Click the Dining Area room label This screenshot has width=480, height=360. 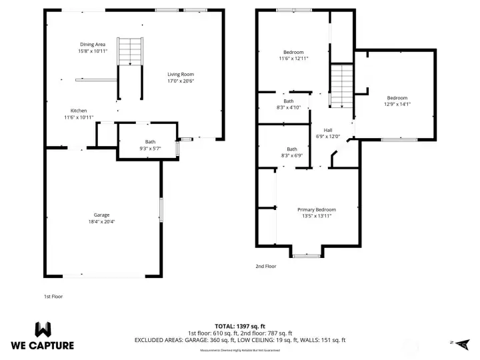pyautogui.click(x=93, y=44)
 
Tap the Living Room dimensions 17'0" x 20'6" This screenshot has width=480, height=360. pyautogui.click(x=180, y=81)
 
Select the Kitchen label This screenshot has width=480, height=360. pyautogui.click(x=79, y=111)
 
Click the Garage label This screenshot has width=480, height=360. pyautogui.click(x=101, y=215)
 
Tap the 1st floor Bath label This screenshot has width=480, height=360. pyautogui.click(x=150, y=141)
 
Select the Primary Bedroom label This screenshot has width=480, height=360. pyautogui.click(x=317, y=209)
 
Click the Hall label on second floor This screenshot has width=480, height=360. pyautogui.click(x=328, y=130)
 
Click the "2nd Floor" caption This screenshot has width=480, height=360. pyautogui.click(x=266, y=266)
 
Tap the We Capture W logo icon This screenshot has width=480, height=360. pyautogui.click(x=43, y=330)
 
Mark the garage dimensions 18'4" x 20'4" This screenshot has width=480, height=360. pyautogui.click(x=101, y=221)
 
